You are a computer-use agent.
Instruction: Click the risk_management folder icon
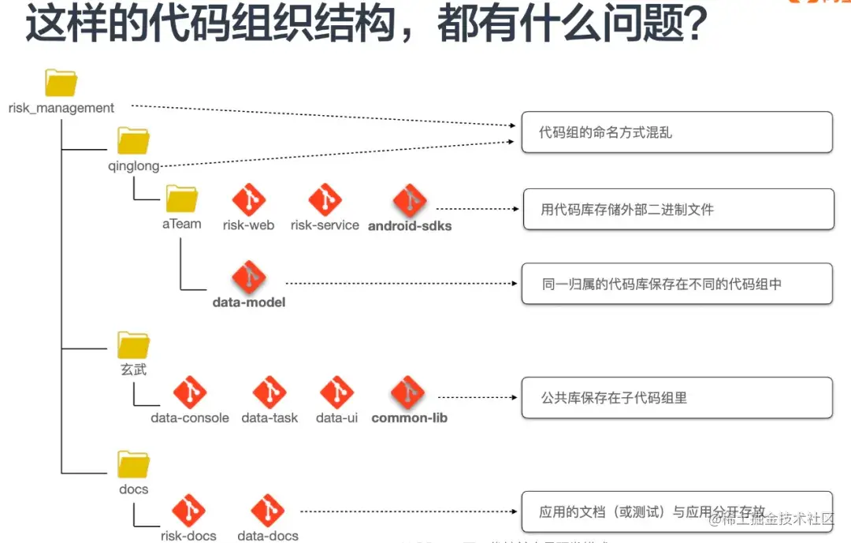tap(61, 83)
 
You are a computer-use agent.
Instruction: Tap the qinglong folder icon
tap(133, 141)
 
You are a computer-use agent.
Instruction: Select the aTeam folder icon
tap(182, 199)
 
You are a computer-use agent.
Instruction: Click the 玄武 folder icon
tap(133, 345)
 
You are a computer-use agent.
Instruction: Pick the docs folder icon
tap(133, 464)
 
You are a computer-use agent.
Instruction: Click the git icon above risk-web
tap(249, 200)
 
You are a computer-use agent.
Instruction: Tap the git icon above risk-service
tap(325, 200)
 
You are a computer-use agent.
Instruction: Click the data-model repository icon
tap(249, 278)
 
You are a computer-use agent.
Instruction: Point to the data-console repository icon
tap(190, 392)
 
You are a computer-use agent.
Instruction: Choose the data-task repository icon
tap(269, 392)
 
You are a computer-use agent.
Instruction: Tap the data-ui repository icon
tap(336, 392)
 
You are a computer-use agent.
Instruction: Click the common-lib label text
tap(409, 418)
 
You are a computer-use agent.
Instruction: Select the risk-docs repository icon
tap(189, 511)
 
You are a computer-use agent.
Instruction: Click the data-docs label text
tap(268, 536)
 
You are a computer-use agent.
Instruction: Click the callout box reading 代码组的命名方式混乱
tap(676, 132)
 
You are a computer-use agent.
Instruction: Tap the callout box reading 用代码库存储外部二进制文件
tap(678, 209)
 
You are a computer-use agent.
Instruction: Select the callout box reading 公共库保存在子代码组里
tap(676, 398)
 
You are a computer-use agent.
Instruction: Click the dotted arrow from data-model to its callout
tap(398, 282)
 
